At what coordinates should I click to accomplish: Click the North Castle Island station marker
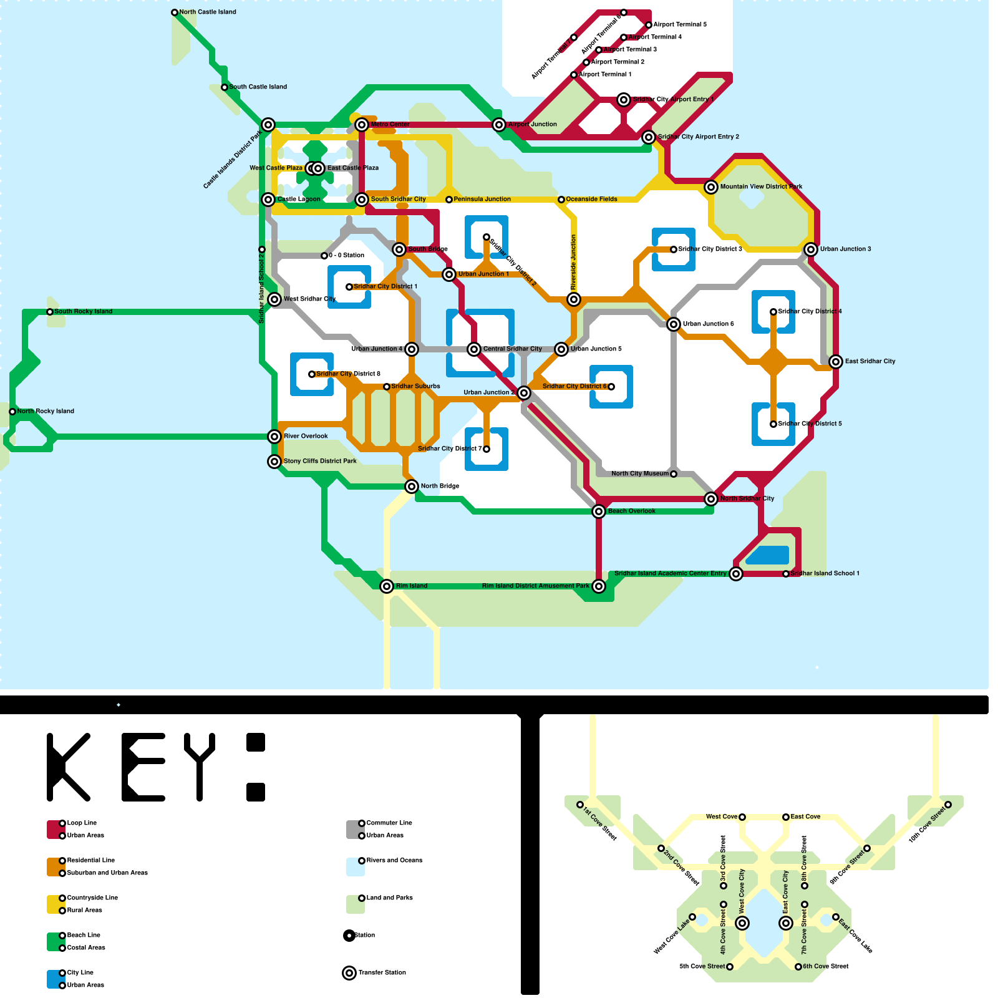(175, 12)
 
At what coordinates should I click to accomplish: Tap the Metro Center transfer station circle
(362, 125)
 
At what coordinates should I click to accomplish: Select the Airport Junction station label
(532, 124)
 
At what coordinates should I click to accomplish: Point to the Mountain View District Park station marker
(711, 187)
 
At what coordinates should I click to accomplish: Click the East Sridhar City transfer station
(836, 362)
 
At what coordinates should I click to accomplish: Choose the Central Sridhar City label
(512, 349)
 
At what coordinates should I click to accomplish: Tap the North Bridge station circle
(412, 487)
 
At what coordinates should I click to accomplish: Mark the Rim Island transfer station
(387, 586)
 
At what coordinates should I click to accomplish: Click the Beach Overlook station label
(631, 511)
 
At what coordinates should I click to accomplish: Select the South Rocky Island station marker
(50, 312)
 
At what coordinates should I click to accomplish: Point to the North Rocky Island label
(46, 411)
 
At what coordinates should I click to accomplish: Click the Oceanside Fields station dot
(561, 200)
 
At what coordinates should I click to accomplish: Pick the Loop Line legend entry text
(82, 823)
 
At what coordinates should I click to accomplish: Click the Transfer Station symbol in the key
(349, 973)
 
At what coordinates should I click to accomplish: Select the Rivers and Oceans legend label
(394, 860)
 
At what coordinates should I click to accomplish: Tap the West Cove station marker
(742, 817)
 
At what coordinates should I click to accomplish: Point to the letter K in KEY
(69, 767)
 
